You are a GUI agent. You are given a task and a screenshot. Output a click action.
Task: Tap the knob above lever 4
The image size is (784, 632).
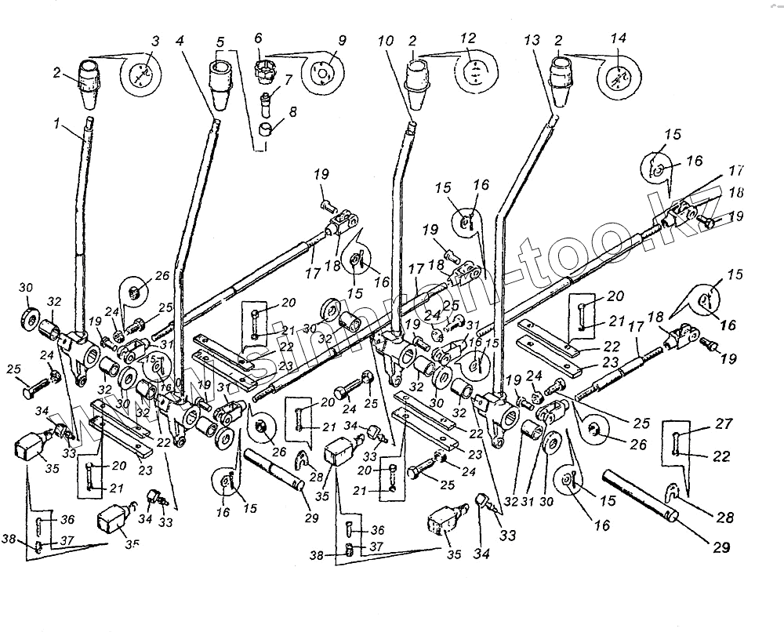click(220, 78)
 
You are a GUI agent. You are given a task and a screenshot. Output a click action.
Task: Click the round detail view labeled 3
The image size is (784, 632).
click(140, 74)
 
